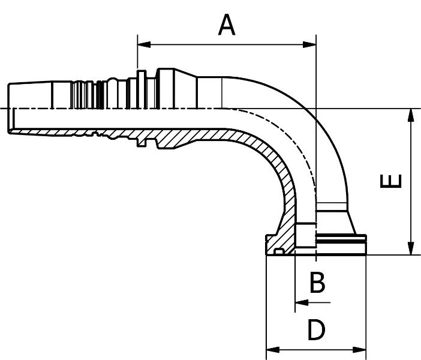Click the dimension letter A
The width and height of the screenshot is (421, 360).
(x=227, y=25)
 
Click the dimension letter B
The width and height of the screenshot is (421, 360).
(x=317, y=282)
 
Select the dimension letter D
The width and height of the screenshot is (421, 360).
(x=316, y=330)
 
